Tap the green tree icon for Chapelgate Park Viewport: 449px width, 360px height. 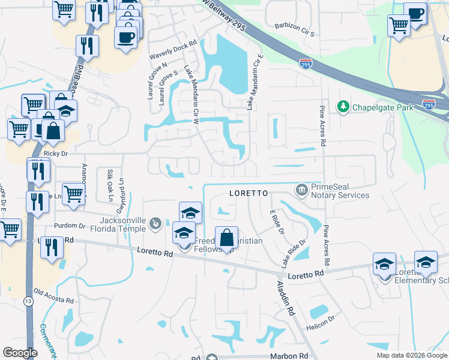(343, 107)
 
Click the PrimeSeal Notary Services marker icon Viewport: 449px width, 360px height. (301, 190)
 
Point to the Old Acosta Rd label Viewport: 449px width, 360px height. (53, 296)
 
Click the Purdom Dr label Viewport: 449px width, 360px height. (70, 226)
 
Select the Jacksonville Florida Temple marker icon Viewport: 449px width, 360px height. (155, 224)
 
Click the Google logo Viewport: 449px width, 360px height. (20, 353)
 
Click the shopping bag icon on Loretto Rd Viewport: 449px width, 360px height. (226, 239)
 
